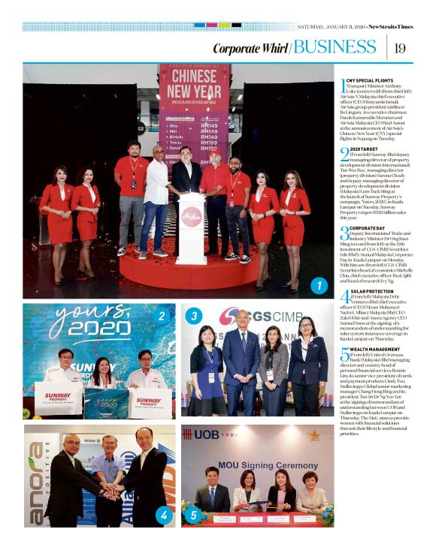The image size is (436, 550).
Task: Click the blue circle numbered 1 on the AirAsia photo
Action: coord(318,286)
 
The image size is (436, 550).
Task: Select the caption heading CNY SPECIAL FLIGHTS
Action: coord(371,80)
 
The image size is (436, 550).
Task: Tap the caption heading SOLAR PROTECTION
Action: coord(374,290)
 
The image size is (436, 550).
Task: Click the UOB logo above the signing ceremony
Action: coord(202,434)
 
